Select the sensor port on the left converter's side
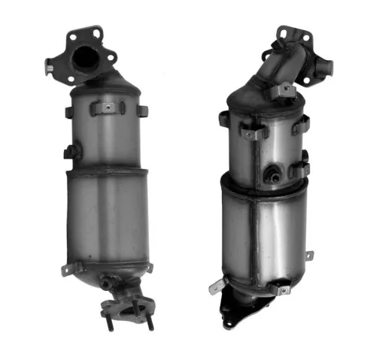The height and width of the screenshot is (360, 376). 71,151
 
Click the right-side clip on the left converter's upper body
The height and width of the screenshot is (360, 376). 141,110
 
